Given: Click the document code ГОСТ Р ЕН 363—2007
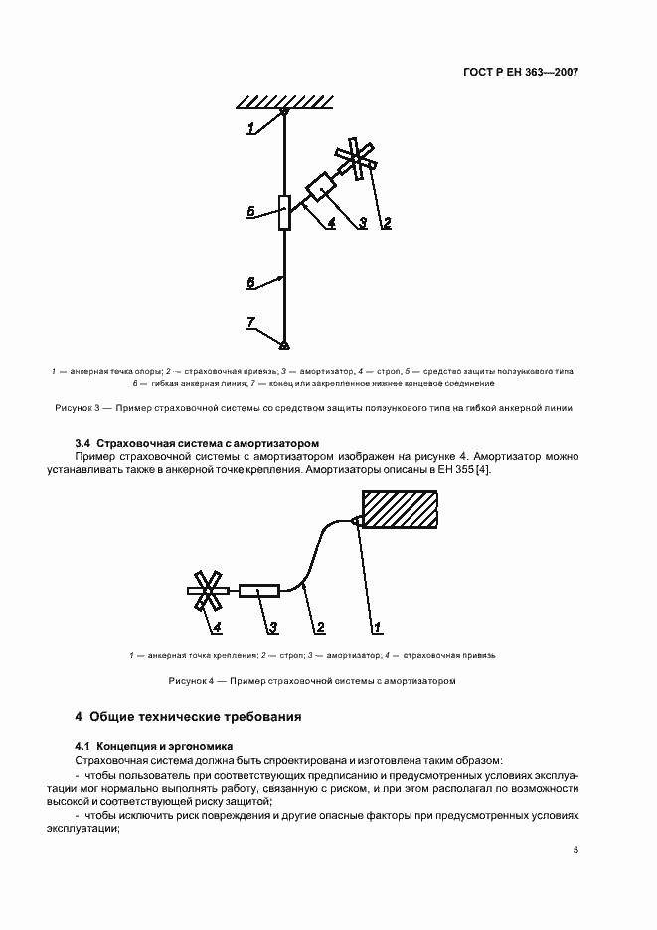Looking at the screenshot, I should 521,73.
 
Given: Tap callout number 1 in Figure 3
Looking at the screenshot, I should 252,126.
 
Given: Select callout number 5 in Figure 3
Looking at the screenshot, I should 252,211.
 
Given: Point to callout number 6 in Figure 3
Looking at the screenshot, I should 251,283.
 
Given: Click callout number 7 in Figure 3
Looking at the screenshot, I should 251,322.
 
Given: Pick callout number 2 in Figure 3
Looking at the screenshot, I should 387,223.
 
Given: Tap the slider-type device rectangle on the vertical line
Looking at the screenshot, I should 284,212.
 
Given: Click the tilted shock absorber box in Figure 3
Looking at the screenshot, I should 321,186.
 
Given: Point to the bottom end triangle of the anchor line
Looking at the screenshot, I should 284,344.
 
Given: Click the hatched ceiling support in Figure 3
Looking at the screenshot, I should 284,100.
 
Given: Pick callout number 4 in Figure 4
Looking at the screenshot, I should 216,626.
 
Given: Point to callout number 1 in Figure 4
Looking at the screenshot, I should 377,626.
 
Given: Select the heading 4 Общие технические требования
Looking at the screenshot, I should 188,716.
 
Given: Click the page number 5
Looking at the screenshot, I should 575,850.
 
